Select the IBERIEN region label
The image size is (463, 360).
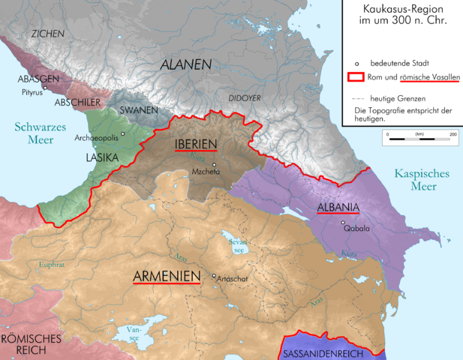click(x=196, y=143)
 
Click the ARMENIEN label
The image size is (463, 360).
click(x=167, y=276)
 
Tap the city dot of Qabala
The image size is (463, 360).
click(x=343, y=223)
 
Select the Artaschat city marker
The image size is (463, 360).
click(x=214, y=276)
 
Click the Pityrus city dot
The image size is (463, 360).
click(x=45, y=88)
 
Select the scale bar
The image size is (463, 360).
click(x=419, y=138)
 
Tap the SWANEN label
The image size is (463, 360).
click(x=138, y=110)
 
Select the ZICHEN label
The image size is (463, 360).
click(x=46, y=34)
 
